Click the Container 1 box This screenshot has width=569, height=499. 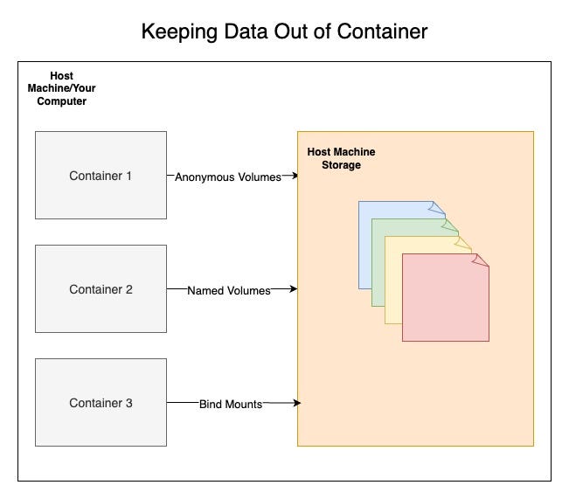tap(101, 175)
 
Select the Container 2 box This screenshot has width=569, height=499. tap(101, 288)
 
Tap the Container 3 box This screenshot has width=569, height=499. tap(101, 402)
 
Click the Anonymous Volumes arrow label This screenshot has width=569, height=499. tap(228, 177)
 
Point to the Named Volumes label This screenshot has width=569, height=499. tap(229, 290)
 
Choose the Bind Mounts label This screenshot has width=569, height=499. tap(231, 404)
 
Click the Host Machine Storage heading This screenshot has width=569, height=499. tap(341, 158)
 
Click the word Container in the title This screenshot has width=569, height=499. tap(385, 33)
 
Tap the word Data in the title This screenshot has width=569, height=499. tap(245, 33)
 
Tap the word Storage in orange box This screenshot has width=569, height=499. tap(341, 165)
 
